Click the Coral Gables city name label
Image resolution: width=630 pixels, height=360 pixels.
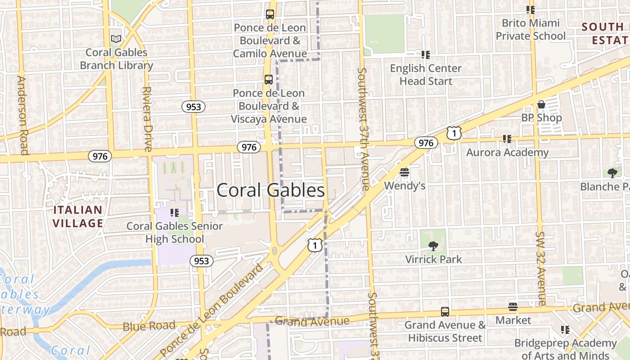coord(270,190)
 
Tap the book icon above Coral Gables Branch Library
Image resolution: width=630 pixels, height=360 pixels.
coord(116,39)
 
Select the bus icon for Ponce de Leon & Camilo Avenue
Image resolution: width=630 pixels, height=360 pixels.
coord(270,14)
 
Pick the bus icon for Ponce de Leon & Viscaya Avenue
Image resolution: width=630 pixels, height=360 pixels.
coord(268,80)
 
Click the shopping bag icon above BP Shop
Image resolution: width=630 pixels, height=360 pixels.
coord(541,105)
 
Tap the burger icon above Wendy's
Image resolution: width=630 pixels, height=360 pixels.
coord(404,172)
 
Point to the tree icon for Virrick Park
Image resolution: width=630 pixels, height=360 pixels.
coord(433,246)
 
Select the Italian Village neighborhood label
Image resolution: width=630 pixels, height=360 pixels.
coord(78,216)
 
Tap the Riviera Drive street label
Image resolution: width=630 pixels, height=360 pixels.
coord(147,119)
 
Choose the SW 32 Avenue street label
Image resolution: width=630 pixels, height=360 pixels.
coord(540,269)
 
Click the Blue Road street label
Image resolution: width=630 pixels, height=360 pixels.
coord(149,326)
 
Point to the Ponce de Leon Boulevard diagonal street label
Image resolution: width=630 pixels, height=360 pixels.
coord(212,310)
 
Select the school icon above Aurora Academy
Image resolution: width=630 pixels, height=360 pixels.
coord(507,139)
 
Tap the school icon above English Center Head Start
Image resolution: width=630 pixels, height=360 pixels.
coord(425,55)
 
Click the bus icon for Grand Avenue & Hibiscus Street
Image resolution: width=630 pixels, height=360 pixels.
coord(445,311)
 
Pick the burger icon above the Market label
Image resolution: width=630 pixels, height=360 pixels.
coord(513,307)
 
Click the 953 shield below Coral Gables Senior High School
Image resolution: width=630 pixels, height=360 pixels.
coord(201,261)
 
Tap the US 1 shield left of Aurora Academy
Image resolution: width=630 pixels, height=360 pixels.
coord(454,133)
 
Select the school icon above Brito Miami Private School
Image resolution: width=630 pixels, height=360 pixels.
coord(530,9)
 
